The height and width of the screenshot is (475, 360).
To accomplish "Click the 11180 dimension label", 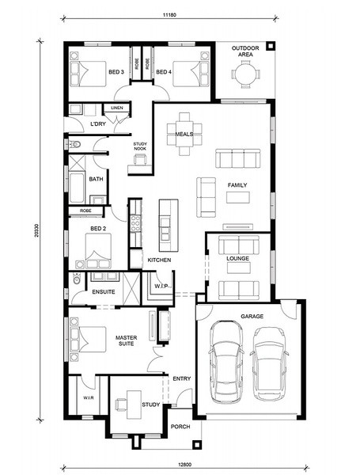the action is tap(169, 14).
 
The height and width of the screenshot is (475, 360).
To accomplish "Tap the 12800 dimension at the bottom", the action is tap(185, 464).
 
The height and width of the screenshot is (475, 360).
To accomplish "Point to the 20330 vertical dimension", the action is tap(36, 230).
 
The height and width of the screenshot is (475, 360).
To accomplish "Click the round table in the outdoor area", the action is tap(245, 74).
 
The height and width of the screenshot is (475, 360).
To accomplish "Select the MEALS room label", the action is tap(184, 134).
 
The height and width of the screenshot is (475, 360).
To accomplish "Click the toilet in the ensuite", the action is tap(77, 279).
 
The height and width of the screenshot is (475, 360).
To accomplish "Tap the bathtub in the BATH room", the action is tap(77, 188).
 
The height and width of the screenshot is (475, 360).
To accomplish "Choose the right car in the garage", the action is tap(269, 363).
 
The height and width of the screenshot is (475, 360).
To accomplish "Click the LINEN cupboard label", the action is tap(117, 108).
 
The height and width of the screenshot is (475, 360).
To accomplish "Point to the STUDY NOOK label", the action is tap(140, 146).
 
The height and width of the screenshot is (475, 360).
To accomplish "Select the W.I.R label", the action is tap(88, 397).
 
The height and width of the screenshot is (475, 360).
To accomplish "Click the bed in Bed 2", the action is tap(98, 251).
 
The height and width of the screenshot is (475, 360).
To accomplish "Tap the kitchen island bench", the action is tap(169, 225).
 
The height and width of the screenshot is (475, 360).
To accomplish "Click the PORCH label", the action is tap(180, 427).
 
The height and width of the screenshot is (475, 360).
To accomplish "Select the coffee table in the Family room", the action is tap(238, 197).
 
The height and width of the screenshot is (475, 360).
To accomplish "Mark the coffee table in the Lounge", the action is tap(239, 268).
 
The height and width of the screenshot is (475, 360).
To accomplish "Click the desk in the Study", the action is tap(134, 405).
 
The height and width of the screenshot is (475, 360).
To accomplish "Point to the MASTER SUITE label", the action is tap(127, 340).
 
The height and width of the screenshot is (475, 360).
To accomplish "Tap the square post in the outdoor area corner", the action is tap(270, 47).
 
